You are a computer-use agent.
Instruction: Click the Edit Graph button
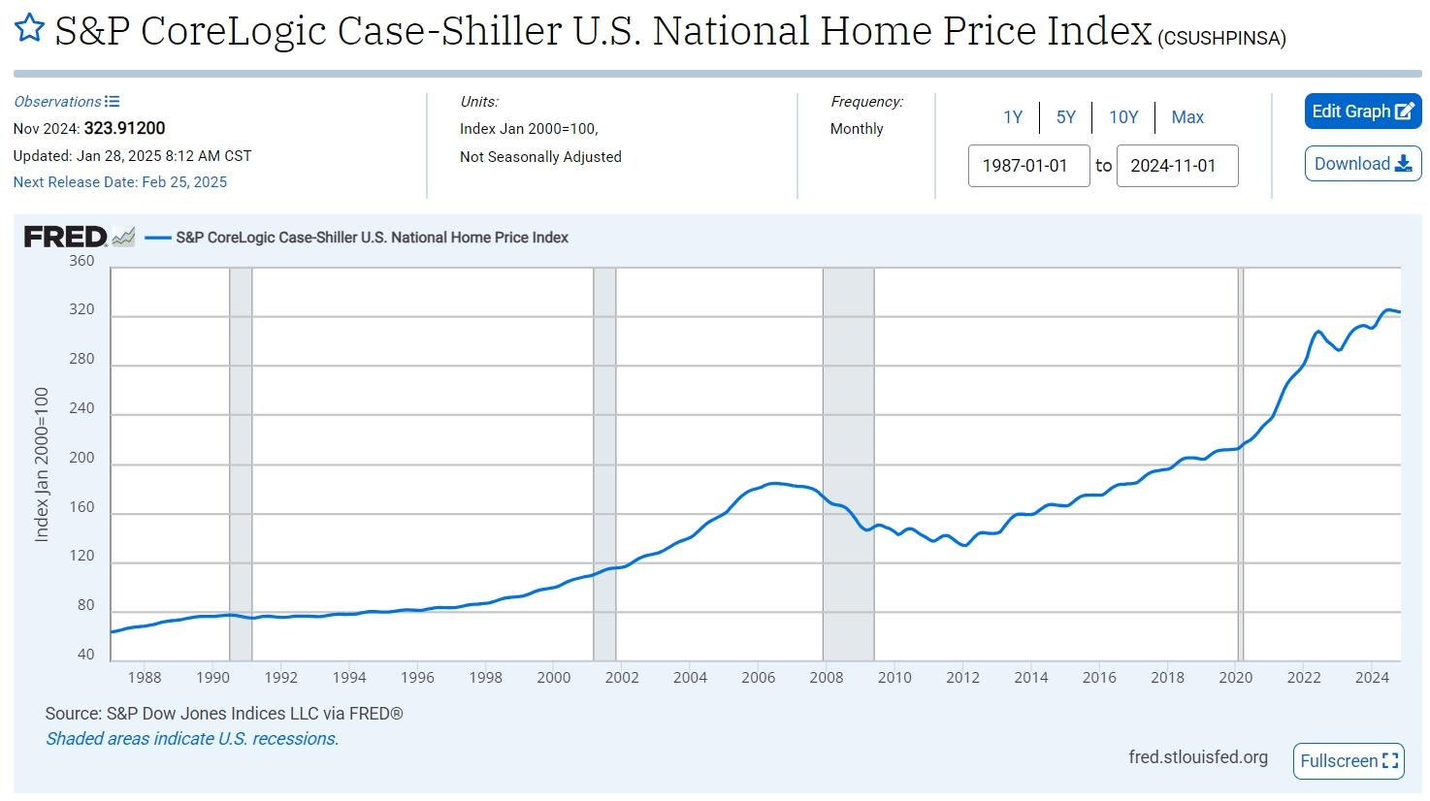1362,112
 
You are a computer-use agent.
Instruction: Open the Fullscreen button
1349,761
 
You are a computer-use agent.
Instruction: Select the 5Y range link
1065,117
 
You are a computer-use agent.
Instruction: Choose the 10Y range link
1123,117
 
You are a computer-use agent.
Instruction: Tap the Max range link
1187,117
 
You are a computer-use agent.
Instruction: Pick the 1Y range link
1013,117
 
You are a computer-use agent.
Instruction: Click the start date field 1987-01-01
1028,166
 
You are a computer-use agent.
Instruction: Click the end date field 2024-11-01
1177,166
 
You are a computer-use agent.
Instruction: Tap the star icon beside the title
29,28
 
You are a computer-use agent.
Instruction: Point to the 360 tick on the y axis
82,261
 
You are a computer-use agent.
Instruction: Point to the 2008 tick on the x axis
827,678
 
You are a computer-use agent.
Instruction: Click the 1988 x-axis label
145,678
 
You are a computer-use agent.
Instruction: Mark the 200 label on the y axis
82,458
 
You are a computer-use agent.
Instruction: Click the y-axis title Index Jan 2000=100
42,465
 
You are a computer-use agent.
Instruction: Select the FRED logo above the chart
66,237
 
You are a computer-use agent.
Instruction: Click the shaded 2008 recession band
848,465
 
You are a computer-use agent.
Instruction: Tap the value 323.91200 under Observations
124,128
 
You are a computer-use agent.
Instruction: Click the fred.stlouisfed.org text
1198,757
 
